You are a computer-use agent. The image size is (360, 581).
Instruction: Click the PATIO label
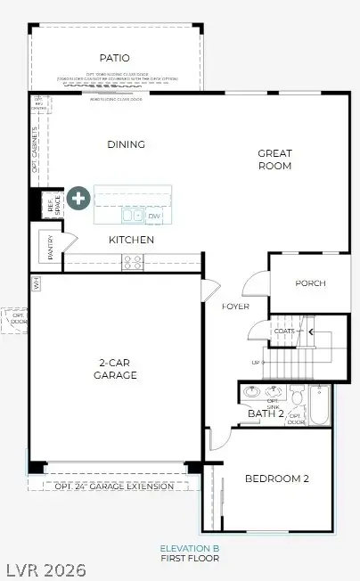(114, 58)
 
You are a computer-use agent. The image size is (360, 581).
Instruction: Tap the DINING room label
(126, 144)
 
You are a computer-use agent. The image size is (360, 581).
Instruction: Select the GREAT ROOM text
(274, 159)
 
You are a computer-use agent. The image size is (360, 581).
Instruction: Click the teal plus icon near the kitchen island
(79, 198)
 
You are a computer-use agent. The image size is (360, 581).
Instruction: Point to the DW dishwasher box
(154, 217)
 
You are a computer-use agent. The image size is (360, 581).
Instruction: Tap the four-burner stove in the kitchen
(132, 262)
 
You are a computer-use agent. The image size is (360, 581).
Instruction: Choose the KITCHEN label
(132, 240)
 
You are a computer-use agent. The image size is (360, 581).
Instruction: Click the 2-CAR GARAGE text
(116, 369)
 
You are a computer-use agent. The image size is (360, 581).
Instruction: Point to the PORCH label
(310, 283)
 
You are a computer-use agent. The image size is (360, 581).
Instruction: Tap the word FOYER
(235, 307)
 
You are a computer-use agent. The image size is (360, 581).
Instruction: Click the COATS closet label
(285, 331)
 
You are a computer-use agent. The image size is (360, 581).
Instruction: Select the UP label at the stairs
(256, 363)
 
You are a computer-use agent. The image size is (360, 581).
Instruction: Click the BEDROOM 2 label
(277, 479)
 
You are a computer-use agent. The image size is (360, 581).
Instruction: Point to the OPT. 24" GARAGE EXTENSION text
(113, 486)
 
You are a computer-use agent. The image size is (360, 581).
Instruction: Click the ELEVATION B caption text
(189, 548)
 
